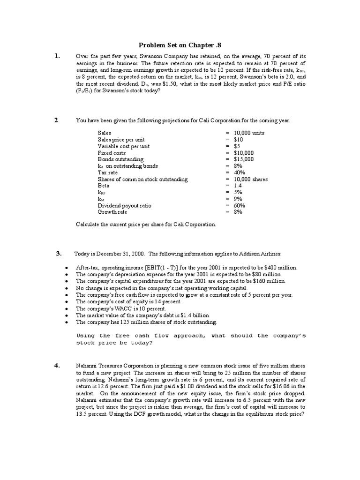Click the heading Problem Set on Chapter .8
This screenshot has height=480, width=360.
[180, 45]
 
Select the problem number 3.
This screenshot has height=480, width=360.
[59, 254]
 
